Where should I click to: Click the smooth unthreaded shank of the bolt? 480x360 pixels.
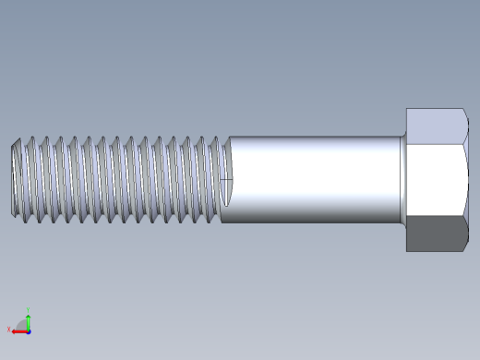point(314,179)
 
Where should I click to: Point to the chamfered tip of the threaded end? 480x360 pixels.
point(16,179)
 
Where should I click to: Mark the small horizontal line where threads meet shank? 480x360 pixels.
point(226,178)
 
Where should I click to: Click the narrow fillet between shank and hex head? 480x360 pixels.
point(402,179)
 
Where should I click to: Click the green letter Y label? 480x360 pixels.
point(29,309)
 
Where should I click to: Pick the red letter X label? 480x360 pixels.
point(8,330)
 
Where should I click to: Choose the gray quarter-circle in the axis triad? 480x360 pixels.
point(22,325)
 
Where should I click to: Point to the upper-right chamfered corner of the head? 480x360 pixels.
point(464,114)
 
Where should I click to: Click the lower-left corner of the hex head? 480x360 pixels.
point(407,249)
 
